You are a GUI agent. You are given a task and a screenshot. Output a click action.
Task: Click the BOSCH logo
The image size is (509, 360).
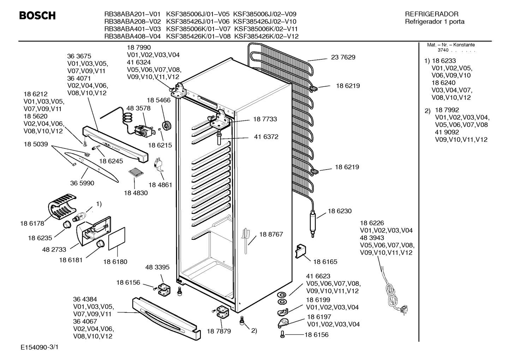point(37,16)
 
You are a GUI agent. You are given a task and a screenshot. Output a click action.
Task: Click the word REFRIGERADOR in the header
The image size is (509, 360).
point(432,14)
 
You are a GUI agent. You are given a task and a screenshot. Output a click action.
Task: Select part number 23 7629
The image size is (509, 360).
point(343,57)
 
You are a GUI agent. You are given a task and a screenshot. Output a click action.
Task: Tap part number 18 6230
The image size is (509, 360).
point(340,211)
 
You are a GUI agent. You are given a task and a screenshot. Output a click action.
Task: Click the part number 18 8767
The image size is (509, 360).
point(271,234)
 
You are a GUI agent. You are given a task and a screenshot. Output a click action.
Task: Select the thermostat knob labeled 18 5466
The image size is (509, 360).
point(167,125)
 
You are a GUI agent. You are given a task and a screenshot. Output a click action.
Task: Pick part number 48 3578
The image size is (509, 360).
point(138,108)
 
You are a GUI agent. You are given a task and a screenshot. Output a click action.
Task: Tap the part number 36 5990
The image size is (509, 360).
point(82,183)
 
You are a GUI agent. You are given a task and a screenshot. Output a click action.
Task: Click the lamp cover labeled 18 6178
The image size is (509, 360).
point(61,206)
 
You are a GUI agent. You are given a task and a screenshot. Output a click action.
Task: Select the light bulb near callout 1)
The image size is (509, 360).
point(79,216)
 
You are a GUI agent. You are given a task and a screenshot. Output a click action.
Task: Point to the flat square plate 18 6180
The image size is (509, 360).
point(117,238)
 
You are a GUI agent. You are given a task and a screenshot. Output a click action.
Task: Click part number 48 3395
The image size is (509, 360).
point(157,267)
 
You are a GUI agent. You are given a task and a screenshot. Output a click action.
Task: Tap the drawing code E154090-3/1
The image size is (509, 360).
point(40,347)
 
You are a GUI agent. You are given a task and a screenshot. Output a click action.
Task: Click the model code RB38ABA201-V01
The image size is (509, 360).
point(132,14)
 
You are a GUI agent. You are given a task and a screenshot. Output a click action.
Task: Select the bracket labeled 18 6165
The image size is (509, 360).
point(300,251)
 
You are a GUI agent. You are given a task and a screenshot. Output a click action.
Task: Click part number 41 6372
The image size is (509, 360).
point(266,137)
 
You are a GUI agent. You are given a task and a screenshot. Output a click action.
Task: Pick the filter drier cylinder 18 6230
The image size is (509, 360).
point(313,224)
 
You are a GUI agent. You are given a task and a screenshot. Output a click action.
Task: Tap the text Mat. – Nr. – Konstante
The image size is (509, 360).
point(451,45)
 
